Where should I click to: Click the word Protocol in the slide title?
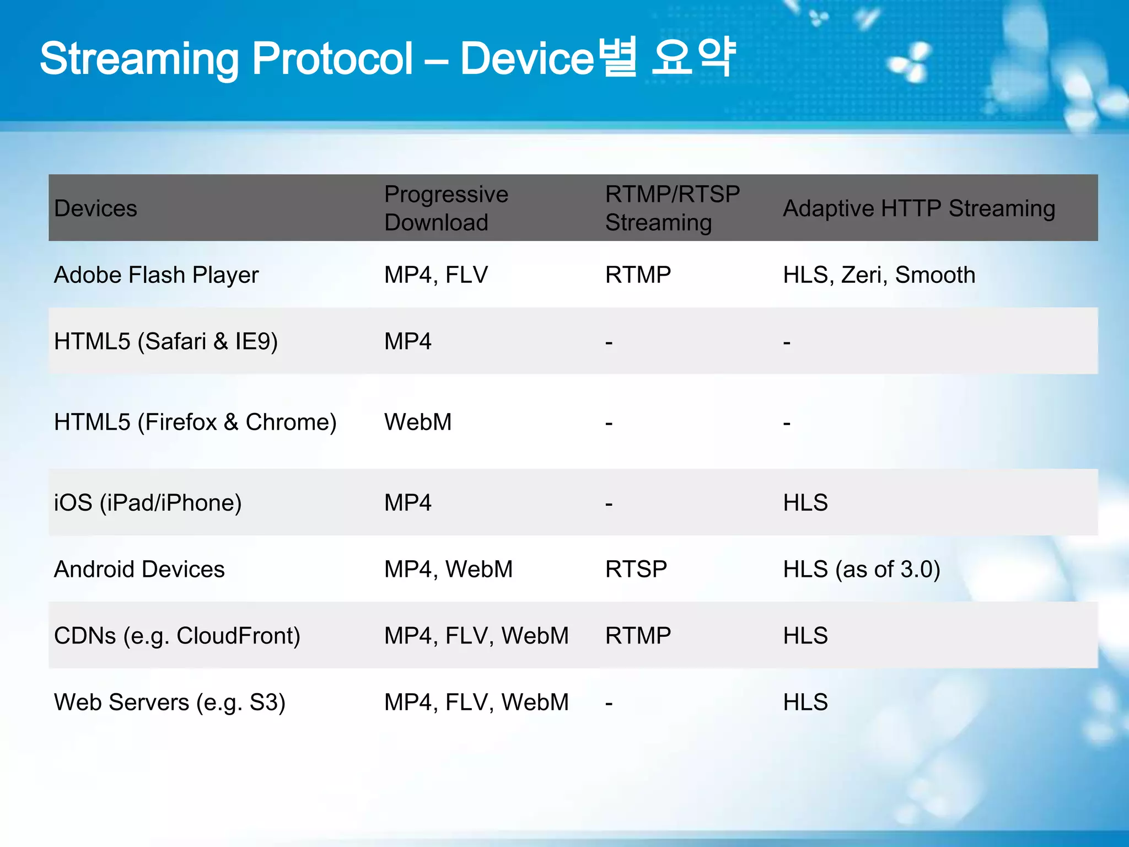pyautogui.click(x=332, y=58)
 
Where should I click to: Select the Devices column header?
pyautogui.click(x=95, y=208)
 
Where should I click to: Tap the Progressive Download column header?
pyautogui.click(x=445, y=208)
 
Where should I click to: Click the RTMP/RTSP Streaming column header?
pyautogui.click(x=672, y=208)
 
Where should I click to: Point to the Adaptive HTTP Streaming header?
pyautogui.click(x=919, y=208)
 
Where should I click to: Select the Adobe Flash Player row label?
pyautogui.click(x=156, y=275)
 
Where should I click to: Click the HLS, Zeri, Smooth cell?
pyautogui.click(x=879, y=275)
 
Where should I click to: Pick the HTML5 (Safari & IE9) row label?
pyautogui.click(x=165, y=341)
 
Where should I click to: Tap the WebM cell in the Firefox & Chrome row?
pyautogui.click(x=418, y=422)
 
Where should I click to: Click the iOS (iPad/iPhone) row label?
pyautogui.click(x=148, y=503)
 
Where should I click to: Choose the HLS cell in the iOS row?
pyautogui.click(x=805, y=503)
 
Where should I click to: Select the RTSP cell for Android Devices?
pyautogui.click(x=636, y=569)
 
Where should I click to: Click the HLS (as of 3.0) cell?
pyautogui.click(x=862, y=569)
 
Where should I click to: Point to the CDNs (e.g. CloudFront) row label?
pyautogui.click(x=177, y=636)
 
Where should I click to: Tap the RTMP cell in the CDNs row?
pyautogui.click(x=638, y=636)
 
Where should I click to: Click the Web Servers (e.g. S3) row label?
pyautogui.click(x=169, y=703)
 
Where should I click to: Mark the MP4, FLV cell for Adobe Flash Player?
pyautogui.click(x=436, y=275)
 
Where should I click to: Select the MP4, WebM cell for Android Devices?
pyautogui.click(x=448, y=569)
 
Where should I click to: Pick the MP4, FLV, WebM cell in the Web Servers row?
pyautogui.click(x=476, y=703)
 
